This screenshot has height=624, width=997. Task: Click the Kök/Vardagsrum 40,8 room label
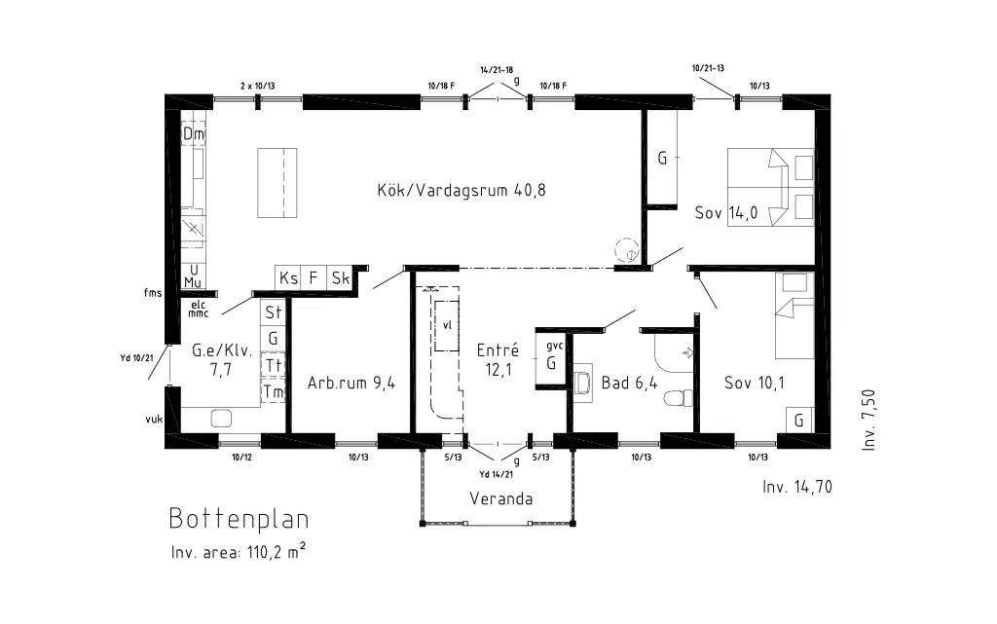[x=462, y=190]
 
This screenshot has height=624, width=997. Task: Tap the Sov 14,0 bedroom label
[x=726, y=212]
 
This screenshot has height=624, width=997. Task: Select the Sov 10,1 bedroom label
[x=755, y=383]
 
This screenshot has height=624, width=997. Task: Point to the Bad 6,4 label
[x=630, y=383]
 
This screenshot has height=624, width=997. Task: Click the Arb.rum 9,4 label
[x=351, y=383]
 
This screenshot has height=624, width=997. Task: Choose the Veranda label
[x=501, y=498]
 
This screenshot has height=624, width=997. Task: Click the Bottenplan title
[x=240, y=519]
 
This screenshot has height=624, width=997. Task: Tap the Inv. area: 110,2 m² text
[x=239, y=551]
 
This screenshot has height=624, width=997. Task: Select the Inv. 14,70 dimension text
[x=797, y=487]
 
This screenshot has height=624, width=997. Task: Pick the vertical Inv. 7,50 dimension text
[x=868, y=420]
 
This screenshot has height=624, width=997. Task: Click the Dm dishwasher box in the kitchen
[x=194, y=134]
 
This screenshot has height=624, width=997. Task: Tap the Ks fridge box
[x=288, y=277]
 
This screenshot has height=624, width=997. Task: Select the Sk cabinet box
[x=341, y=277]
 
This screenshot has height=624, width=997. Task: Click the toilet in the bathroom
[x=678, y=397]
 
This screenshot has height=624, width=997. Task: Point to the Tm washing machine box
[x=273, y=391]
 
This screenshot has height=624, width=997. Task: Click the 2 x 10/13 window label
[x=257, y=86]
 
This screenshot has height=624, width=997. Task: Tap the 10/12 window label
[x=241, y=457]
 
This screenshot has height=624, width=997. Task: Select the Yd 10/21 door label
[x=136, y=357]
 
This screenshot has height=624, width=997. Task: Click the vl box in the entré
[x=447, y=325]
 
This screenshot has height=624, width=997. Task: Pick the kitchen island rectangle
[x=277, y=183]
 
